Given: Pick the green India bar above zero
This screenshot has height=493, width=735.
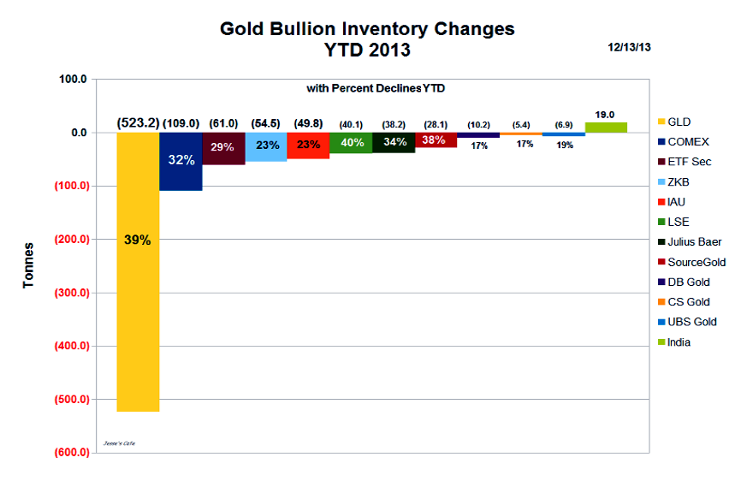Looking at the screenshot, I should tap(606, 128).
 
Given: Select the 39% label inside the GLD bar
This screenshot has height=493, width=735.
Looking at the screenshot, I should tap(138, 241).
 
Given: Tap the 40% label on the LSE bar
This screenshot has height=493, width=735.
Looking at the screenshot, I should tap(351, 143).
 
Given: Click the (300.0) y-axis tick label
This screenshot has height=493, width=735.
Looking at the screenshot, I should tap(71, 293).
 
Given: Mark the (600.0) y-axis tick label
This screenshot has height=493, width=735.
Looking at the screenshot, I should tap(71, 453).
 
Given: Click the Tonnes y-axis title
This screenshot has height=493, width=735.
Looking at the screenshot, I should tap(29, 265).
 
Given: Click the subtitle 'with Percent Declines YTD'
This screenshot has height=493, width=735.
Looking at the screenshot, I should tap(376, 88).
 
